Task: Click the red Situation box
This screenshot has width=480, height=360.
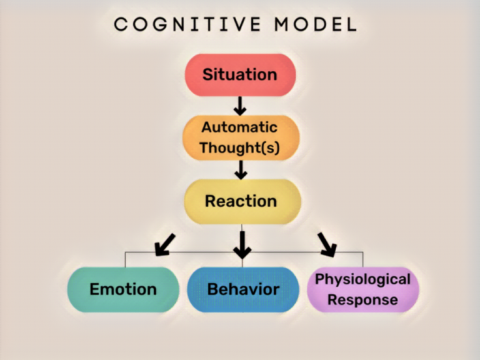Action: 240,74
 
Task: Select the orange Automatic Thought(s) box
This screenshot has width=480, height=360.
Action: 240,137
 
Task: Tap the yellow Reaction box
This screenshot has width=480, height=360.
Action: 241,201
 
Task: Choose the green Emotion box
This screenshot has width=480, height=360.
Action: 122,289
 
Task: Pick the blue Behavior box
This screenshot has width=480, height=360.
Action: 242,289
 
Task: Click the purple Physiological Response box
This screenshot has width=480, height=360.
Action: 362,289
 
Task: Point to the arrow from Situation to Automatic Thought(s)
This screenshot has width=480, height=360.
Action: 240,105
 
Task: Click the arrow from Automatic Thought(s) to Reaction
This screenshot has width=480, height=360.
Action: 240,169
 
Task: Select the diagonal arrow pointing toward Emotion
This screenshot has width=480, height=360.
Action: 165,244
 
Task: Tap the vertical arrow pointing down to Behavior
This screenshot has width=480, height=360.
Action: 242,244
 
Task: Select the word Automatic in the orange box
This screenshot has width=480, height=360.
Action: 239,127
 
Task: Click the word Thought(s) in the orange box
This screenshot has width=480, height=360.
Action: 239,149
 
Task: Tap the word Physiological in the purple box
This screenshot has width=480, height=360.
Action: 362,279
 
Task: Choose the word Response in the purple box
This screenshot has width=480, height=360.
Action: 362,299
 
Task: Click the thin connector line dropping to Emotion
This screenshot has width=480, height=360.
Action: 125,259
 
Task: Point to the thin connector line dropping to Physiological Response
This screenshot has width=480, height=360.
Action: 362,259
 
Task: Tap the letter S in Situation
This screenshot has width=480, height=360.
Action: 208,74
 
